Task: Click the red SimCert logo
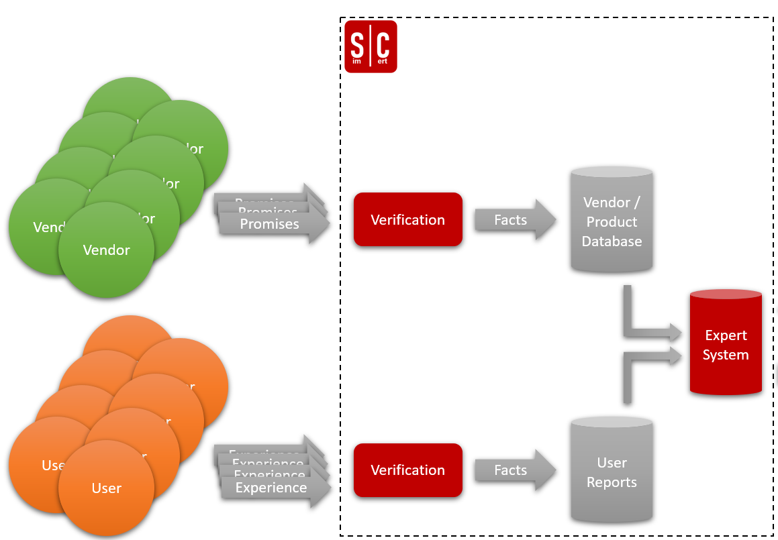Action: pos(371,46)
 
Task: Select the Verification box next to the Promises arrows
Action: pos(408,220)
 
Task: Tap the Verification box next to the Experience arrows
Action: pos(408,470)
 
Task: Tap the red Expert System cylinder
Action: pos(726,343)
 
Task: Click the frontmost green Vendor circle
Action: pos(106,250)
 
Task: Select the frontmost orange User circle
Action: pos(106,488)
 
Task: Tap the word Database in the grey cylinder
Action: pos(612,241)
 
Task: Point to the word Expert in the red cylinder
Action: pos(726,335)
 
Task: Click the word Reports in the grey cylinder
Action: pos(612,482)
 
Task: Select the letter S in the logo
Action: pos(357,44)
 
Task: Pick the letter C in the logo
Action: pos(383,44)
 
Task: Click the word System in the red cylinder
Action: pos(726,355)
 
